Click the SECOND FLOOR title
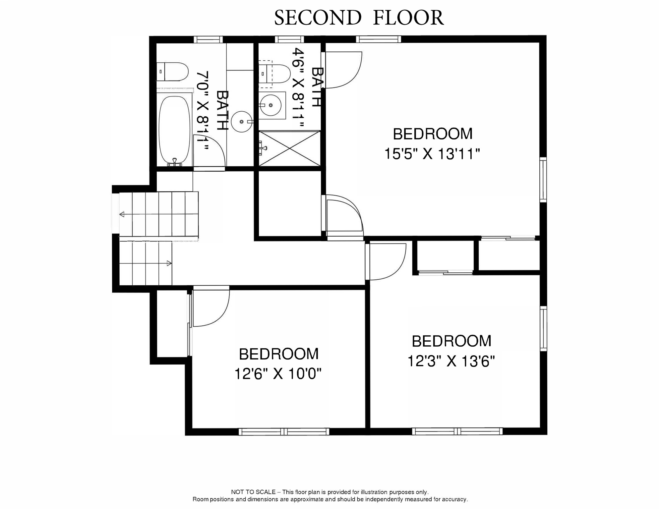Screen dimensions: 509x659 click(x=359, y=18)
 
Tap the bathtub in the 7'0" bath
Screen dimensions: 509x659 click(x=175, y=130)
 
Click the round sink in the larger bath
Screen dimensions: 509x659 click(x=242, y=122)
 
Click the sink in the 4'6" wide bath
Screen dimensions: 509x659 click(x=271, y=105)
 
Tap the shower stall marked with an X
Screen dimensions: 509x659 click(x=289, y=148)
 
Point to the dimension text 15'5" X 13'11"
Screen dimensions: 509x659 click(x=432, y=154)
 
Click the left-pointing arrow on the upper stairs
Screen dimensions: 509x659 click(x=122, y=214)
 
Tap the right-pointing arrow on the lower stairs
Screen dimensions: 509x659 click(x=169, y=263)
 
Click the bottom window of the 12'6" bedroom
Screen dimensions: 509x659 click(x=284, y=431)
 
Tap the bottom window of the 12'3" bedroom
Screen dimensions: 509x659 click(x=457, y=431)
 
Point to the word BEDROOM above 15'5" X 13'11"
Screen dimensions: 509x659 click(x=433, y=134)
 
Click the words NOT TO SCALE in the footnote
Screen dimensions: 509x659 click(x=253, y=492)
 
